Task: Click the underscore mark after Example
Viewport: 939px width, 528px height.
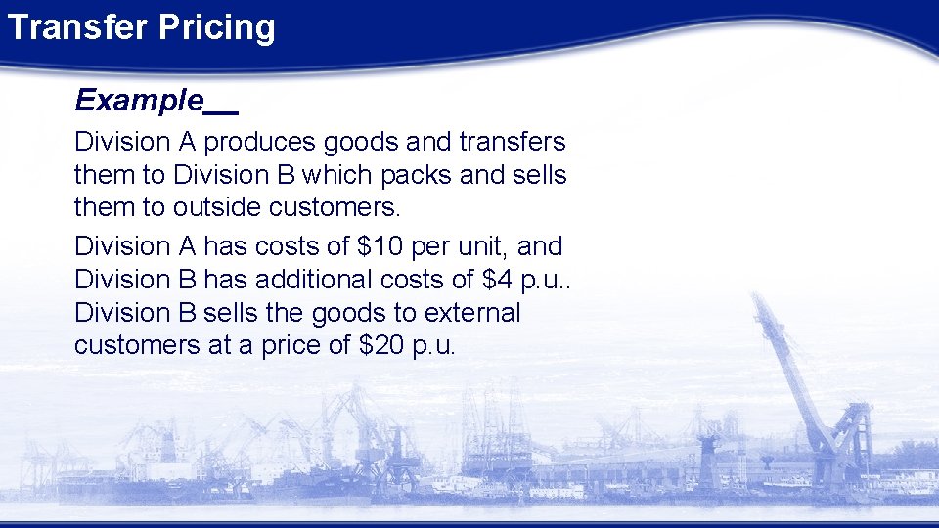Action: click(222, 107)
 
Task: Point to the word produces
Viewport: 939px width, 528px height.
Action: click(255, 143)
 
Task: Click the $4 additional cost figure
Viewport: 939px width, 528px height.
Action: click(498, 279)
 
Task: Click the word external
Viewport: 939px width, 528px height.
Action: click(466, 312)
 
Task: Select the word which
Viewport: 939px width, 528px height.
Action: click(338, 175)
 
